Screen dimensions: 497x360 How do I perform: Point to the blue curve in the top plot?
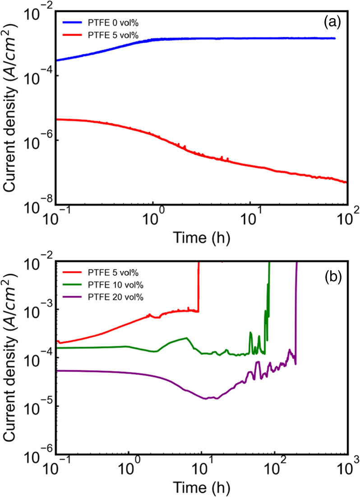pyautogui.click(x=226, y=38)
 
